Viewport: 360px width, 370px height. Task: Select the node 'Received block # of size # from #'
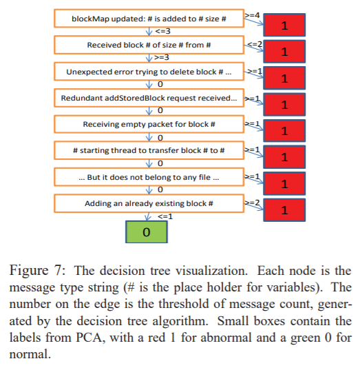(149, 45)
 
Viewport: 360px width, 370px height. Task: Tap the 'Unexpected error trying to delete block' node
(149, 72)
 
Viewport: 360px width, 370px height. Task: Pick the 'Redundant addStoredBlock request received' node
(149, 99)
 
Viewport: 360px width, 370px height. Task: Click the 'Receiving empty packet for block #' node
(149, 125)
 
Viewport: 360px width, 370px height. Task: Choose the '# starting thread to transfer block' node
(149, 150)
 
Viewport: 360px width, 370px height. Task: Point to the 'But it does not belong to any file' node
(149, 178)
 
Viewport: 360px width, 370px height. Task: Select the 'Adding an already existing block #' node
(149, 204)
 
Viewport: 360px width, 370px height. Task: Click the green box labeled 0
(146, 232)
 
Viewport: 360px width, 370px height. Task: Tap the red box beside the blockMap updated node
(283, 25)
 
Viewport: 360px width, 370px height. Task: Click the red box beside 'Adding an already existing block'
(283, 209)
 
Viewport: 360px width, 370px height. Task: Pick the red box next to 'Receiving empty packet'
(283, 130)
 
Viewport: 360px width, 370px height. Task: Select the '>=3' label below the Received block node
(162, 58)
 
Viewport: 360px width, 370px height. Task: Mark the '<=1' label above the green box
(165, 216)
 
